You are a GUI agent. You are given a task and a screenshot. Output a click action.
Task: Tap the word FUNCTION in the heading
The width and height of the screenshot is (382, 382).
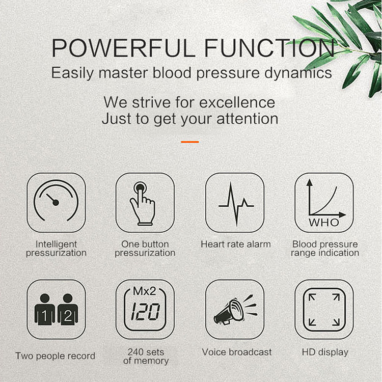coord(269,48)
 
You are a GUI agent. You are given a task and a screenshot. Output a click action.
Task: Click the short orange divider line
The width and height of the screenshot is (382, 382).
coord(190,142)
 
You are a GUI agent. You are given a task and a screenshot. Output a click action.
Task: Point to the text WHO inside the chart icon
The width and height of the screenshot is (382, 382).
coord(324,223)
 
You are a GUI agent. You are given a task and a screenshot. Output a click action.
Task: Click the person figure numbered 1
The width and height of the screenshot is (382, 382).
coord(44,310)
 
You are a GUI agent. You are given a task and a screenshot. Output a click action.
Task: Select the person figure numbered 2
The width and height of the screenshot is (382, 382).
coord(68,310)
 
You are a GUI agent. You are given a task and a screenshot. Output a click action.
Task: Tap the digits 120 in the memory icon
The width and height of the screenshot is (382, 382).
coord(145,312)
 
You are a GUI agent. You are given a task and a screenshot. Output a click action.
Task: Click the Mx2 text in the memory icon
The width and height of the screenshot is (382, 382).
coord(145,292)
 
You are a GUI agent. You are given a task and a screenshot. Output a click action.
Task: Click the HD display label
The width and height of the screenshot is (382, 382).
coord(325,352)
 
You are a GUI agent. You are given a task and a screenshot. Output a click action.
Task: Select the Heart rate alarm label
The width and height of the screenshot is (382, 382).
coord(235,244)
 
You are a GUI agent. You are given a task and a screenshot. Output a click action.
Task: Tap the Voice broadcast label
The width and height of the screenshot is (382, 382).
coord(237,352)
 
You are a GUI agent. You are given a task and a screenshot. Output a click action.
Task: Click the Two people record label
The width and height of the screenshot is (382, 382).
coord(55,356)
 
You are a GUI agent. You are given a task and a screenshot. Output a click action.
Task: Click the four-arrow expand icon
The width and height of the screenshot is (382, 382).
coord(324,309)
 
